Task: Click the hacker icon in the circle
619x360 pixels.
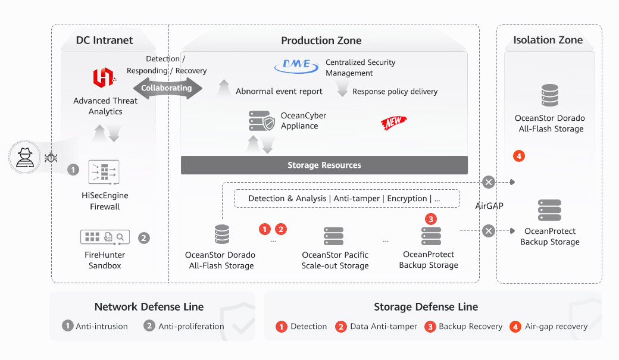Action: [x=25, y=158]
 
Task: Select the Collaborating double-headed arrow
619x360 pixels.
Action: [x=167, y=88]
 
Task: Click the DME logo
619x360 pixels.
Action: [x=296, y=67]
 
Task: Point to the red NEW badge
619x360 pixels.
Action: [x=393, y=122]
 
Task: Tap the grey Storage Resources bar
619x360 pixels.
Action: [x=324, y=165]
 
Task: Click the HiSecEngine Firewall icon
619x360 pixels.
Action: [x=104, y=172]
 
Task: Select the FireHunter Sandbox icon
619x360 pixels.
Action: [x=105, y=237]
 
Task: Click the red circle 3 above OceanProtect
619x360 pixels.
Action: [x=432, y=219]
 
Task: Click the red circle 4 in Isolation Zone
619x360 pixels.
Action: [x=519, y=156]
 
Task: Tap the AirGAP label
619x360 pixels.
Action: [x=489, y=206]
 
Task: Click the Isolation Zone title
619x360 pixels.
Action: [x=548, y=40]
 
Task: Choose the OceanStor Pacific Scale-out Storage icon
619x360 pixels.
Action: [x=334, y=236]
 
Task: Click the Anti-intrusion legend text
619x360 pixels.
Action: [x=102, y=326]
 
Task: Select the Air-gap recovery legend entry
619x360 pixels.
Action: [x=555, y=326]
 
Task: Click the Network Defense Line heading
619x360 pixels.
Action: [x=149, y=307]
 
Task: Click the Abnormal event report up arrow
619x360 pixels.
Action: [x=224, y=88]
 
